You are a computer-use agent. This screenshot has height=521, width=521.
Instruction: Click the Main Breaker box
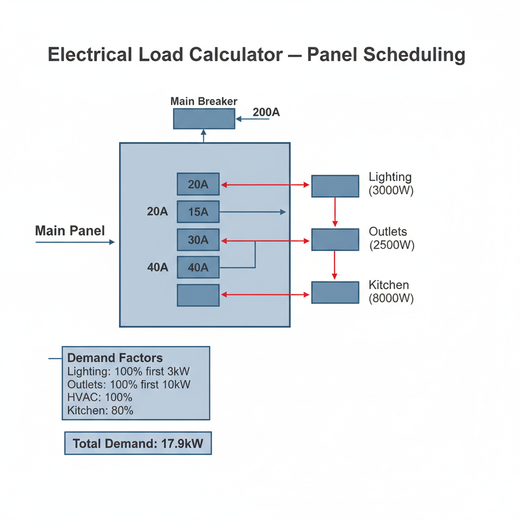click(204, 119)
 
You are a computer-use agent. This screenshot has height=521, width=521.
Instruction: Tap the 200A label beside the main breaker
click(266, 112)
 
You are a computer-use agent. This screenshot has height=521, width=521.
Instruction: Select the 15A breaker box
click(198, 212)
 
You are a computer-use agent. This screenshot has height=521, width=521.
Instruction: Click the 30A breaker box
click(198, 240)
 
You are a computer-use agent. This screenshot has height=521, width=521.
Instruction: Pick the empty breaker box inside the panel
click(198, 295)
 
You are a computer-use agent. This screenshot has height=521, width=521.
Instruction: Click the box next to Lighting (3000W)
click(335, 186)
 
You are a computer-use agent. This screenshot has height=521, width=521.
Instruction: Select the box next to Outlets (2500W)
click(335, 240)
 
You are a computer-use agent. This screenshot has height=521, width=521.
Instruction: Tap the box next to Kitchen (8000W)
click(335, 293)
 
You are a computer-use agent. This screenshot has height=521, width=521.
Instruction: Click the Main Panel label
click(70, 230)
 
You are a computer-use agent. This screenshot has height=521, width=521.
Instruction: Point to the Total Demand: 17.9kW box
click(138, 443)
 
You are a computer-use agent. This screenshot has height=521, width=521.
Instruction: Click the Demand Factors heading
click(115, 358)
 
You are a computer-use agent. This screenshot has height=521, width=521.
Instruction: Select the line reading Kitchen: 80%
click(100, 411)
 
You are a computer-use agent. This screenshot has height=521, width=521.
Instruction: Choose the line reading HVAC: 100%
click(100, 397)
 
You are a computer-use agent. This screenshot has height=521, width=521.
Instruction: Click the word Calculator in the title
click(236, 54)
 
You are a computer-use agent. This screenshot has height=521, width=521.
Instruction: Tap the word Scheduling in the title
click(414, 55)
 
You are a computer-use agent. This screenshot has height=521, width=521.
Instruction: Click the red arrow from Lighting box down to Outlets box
click(335, 212)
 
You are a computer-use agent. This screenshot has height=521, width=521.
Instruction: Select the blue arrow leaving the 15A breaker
click(252, 212)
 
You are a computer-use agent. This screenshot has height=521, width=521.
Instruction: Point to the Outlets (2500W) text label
click(391, 238)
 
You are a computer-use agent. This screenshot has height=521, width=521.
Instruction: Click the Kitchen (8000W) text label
click(391, 292)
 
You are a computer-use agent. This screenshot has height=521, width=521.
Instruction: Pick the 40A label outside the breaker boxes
click(158, 267)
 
